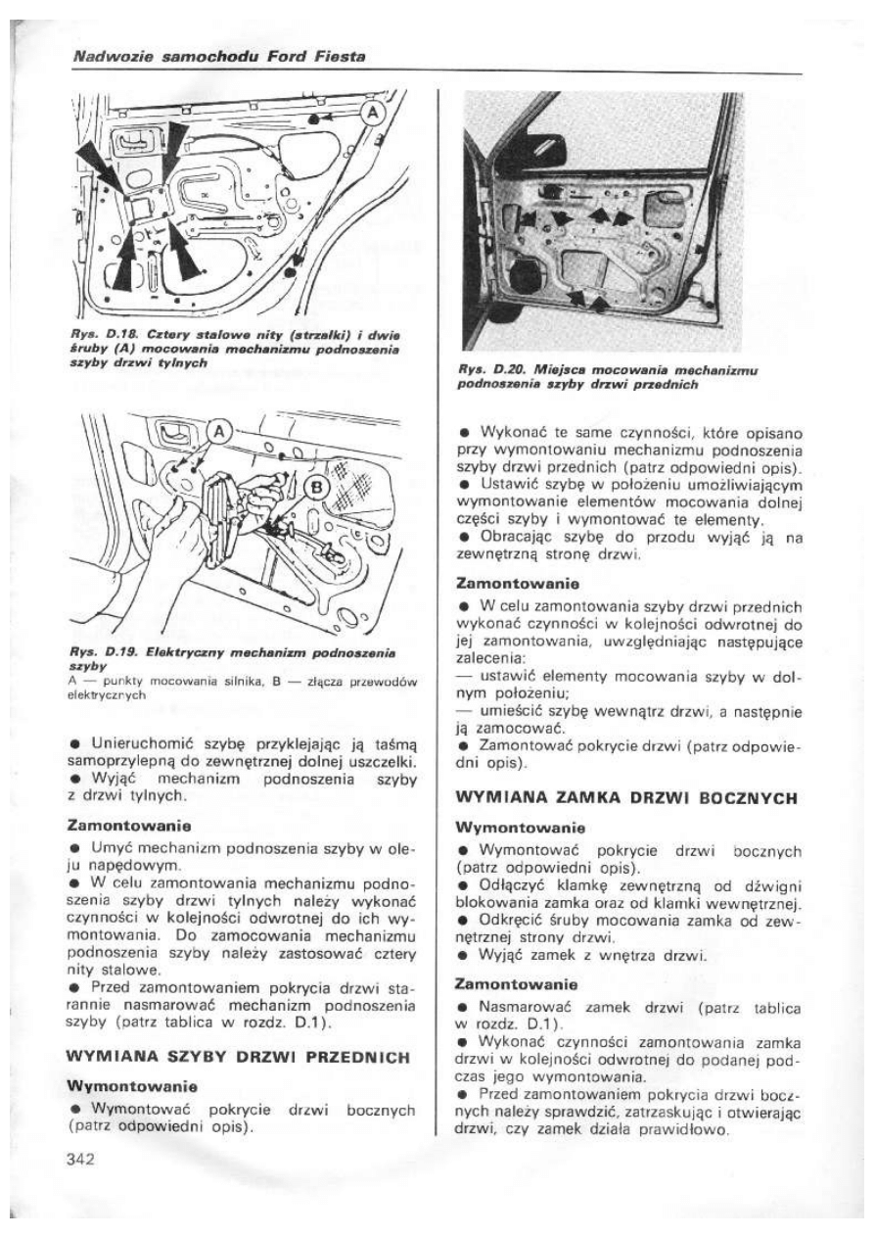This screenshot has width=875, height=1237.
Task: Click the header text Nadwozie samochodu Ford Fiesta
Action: pos(220,58)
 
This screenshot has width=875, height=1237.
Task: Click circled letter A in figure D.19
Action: pos(217,428)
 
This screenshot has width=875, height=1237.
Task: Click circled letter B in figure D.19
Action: pos(317,488)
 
